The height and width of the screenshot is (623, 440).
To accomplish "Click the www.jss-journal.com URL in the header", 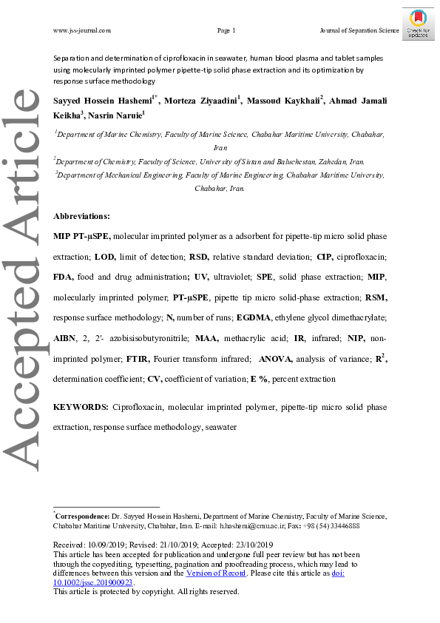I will click(x=82, y=30).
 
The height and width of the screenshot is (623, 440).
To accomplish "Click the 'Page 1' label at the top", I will click(x=226, y=30).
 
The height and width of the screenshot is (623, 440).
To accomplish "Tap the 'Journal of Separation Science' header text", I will click(x=359, y=30).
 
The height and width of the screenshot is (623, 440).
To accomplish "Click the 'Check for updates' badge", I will click(x=419, y=24).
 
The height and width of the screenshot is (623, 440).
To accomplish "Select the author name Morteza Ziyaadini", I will click(x=201, y=101).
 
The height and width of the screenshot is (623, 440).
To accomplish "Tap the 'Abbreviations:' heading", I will click(x=81, y=217).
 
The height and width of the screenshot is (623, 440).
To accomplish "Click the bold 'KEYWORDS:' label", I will click(x=81, y=408).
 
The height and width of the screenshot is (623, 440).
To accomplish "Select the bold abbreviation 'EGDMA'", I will click(x=256, y=317).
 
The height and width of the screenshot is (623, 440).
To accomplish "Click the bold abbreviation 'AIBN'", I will click(x=68, y=338).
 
